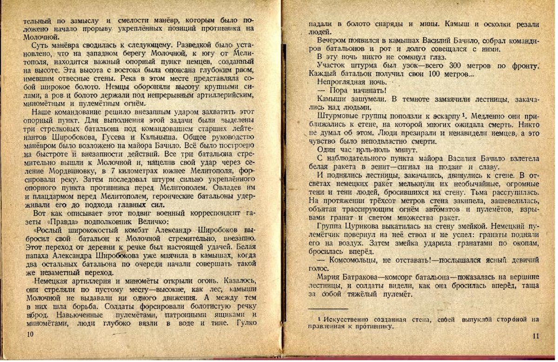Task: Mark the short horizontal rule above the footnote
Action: (328, 309)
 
